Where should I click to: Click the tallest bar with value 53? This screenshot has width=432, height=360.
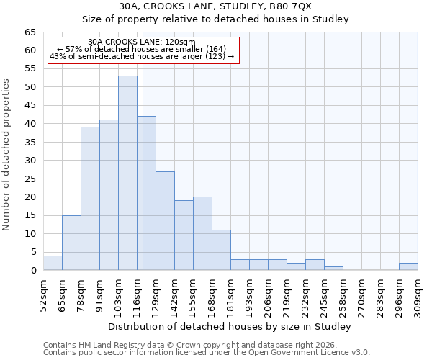pos(127,173)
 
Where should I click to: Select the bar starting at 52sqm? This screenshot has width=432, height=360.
pos(53,263)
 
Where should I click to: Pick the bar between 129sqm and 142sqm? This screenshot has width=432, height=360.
pos(165,220)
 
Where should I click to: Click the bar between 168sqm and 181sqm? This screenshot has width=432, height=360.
pos(221,250)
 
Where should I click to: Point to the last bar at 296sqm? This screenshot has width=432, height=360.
pos(408,266)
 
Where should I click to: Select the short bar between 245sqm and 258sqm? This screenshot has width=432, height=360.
pos(333,268)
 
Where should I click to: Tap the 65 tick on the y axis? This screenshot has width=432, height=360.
pos(30,32)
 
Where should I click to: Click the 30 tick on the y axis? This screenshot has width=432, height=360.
pos(30,161)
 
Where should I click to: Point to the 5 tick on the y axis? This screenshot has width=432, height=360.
pos(33,252)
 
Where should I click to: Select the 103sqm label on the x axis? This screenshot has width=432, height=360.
pos(118,294)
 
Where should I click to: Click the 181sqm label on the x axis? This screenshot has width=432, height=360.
pos(230,294)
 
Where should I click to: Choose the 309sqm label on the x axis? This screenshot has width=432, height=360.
pos(418,294)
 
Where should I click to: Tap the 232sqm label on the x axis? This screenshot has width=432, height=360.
pos(305,294)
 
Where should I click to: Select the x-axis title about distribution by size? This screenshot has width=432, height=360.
pos(230,326)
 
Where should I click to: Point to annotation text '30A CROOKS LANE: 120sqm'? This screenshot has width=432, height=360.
pos(141,42)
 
